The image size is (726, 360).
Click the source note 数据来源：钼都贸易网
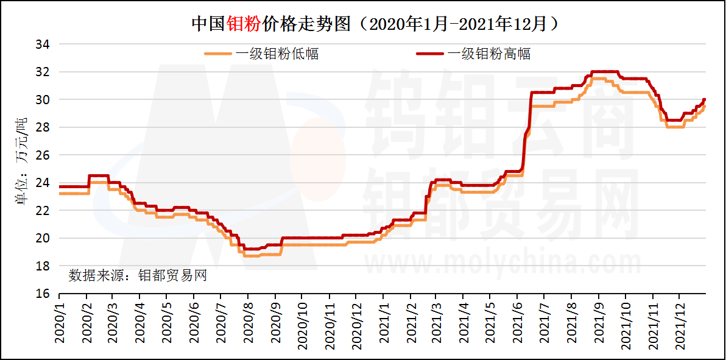point(138,275)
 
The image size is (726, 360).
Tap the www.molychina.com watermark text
point(502,263)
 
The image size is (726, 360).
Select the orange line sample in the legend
point(217,54)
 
